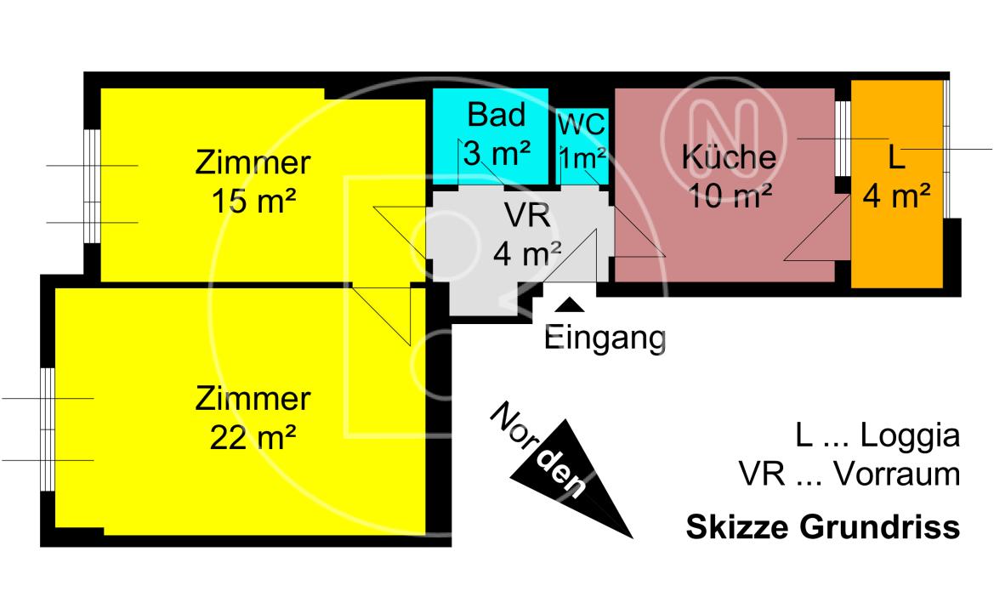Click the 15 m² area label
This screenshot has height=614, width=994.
point(253,202)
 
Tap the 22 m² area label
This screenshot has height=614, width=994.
point(253,438)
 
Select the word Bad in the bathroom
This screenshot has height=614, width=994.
point(497,115)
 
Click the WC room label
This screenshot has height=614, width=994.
point(582,124)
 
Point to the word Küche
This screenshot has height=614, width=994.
point(729,157)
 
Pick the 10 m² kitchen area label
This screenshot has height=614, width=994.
point(730,196)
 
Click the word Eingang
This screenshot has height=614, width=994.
point(605,338)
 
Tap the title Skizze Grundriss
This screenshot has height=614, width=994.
point(822,527)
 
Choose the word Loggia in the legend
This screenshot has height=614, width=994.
point(910,436)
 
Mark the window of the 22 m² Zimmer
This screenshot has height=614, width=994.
point(48,429)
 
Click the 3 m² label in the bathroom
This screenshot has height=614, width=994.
point(497,154)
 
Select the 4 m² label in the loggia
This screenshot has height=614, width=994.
point(895,196)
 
